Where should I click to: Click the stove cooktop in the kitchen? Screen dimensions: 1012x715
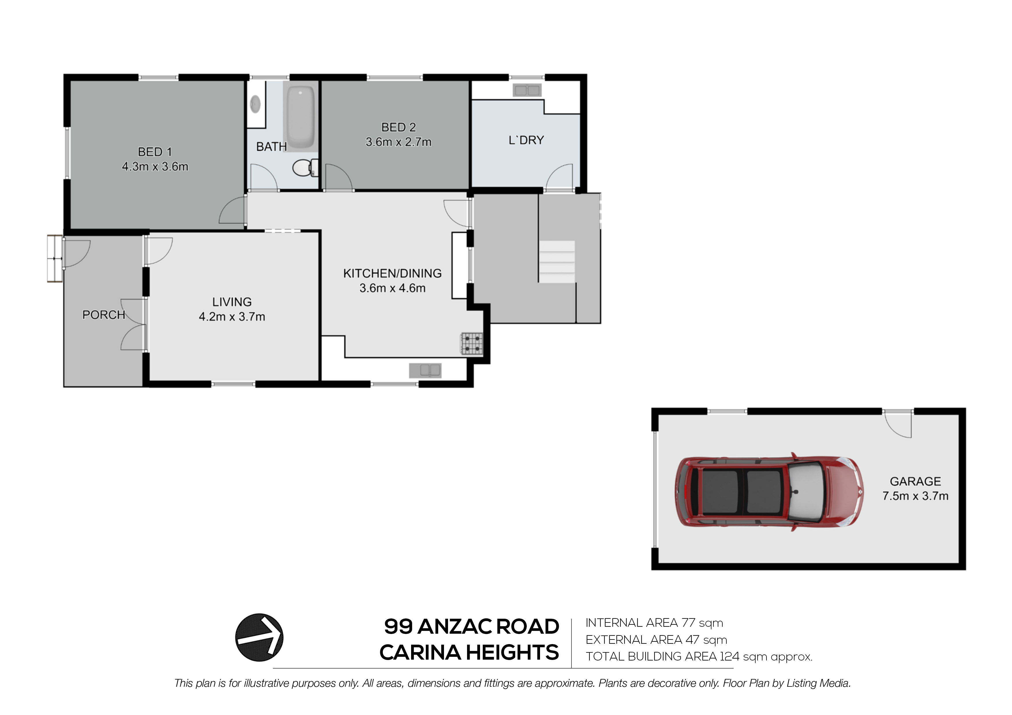coord(472,344)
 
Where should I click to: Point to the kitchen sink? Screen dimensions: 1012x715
coord(425,370)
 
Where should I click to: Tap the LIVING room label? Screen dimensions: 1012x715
coord(232,302)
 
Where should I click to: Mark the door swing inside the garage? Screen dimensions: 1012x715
coord(897,424)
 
